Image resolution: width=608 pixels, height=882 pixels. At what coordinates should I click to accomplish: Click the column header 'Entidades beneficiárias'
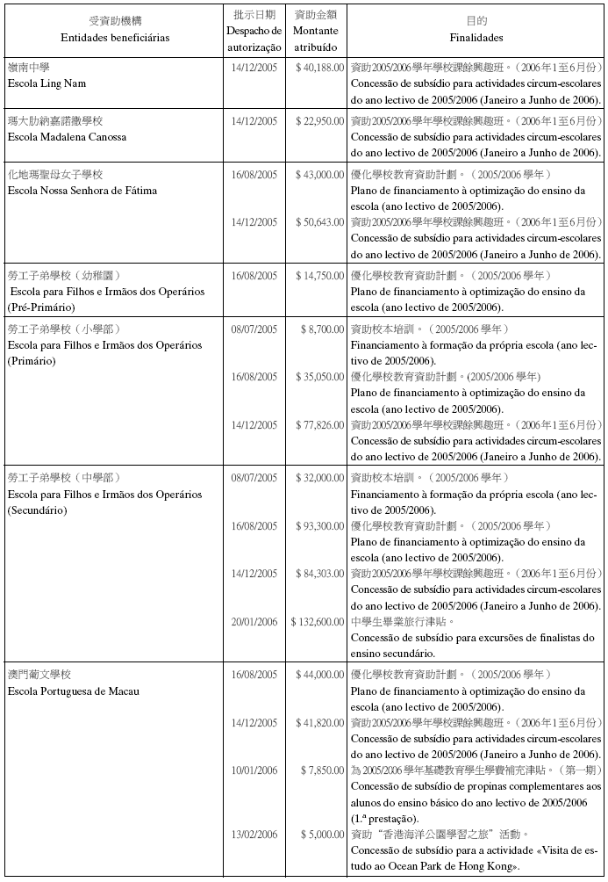point(115,38)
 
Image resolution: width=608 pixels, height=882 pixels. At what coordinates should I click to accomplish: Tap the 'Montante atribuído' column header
point(316,38)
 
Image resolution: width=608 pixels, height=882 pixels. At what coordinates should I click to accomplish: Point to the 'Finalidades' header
point(476,38)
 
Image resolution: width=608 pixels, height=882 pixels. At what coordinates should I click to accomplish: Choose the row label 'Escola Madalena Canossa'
point(67,137)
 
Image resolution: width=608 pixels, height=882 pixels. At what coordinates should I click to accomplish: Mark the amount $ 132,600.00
point(317,622)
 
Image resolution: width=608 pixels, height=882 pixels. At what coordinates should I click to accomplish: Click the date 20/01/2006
point(254,622)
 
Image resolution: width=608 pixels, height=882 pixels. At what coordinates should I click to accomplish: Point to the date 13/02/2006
point(254,834)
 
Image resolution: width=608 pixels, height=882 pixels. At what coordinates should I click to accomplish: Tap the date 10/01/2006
point(254,770)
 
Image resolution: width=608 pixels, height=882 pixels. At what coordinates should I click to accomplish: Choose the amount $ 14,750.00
point(319,275)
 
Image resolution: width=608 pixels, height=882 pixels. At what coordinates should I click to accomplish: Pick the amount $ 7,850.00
point(322,770)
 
